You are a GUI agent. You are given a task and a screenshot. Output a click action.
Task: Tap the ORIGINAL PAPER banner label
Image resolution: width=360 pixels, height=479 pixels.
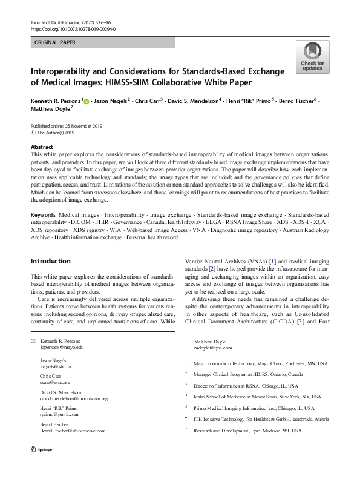pyautogui.click(x=56, y=43)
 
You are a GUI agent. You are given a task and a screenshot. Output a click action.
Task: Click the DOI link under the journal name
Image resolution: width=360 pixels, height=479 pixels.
pyautogui.click(x=73, y=29)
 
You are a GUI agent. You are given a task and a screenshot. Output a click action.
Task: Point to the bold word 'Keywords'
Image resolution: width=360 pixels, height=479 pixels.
pyautogui.click(x=44, y=215)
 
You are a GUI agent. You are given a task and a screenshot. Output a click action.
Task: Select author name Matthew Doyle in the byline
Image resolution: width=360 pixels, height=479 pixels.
pyautogui.click(x=50, y=110)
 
